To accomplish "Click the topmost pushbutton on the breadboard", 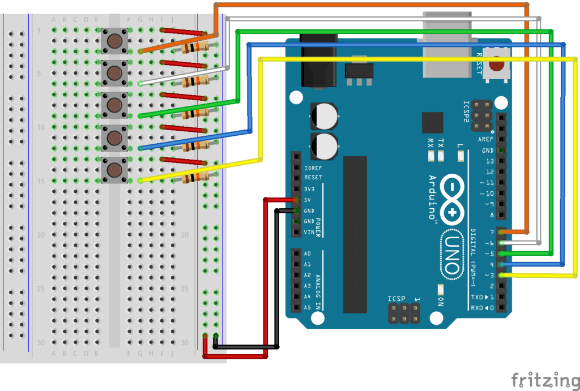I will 114,41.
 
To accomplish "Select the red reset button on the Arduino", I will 497,65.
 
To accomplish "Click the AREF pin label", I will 485,139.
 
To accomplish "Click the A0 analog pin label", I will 308,254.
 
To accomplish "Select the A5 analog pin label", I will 308,308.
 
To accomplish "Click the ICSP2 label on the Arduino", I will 466,111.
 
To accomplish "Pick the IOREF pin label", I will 313,168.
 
